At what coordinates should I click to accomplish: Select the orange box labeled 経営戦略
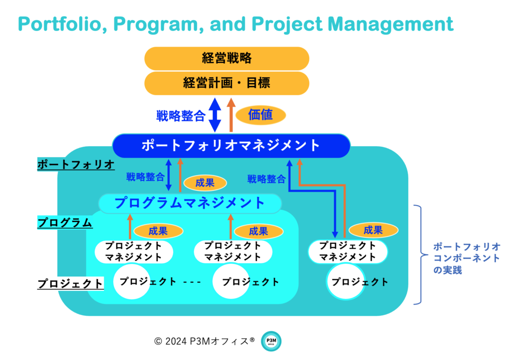(x=226, y=58)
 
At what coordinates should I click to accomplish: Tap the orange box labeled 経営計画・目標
(x=226, y=83)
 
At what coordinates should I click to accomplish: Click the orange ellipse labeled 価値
(x=261, y=115)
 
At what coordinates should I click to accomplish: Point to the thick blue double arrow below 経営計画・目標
(x=215, y=115)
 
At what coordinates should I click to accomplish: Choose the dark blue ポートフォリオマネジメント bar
(x=231, y=145)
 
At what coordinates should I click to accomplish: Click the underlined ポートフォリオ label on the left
(x=76, y=165)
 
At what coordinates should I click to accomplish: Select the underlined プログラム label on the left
(x=65, y=223)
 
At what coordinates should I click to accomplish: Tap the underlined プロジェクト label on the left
(x=71, y=284)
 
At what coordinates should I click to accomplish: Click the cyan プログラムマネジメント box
(x=190, y=203)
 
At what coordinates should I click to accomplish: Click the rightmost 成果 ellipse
(x=373, y=230)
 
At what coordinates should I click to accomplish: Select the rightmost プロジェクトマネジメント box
(x=348, y=251)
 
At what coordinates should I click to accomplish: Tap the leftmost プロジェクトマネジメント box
(x=134, y=251)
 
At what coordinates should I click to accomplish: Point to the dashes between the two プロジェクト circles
(x=192, y=282)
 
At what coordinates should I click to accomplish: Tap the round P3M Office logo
(x=272, y=341)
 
